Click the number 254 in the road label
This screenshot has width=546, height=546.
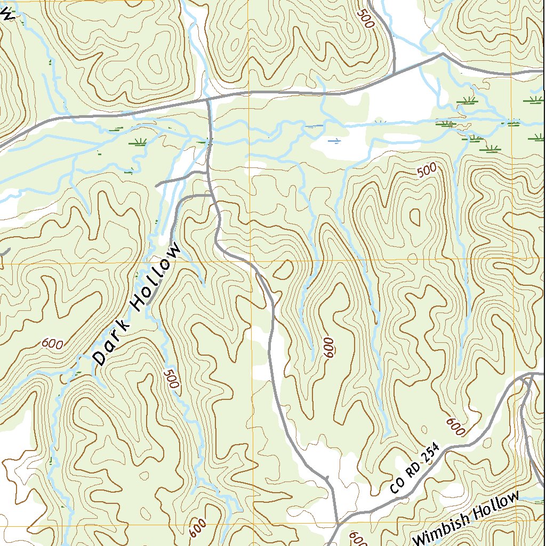point(429,454)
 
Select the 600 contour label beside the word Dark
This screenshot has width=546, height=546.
point(52,344)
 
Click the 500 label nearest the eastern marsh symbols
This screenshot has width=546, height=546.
point(427,170)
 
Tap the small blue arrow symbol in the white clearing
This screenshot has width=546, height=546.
point(335,141)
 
